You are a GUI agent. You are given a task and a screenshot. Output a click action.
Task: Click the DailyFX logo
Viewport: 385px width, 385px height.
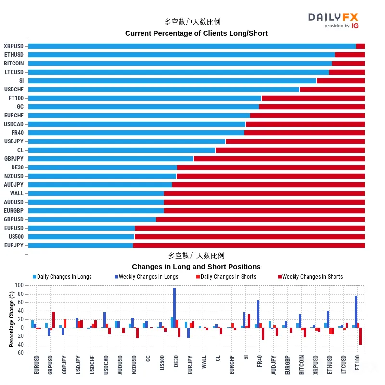coord(333,21)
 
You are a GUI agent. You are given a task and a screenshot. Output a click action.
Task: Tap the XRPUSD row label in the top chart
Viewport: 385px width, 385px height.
coord(14,46)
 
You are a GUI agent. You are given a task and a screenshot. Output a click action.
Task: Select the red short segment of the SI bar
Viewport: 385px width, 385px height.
coord(341,81)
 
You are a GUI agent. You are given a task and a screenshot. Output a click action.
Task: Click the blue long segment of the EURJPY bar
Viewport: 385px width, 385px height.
coord(80,245)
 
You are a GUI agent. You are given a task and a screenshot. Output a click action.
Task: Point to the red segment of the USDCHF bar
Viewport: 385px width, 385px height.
coord(332,90)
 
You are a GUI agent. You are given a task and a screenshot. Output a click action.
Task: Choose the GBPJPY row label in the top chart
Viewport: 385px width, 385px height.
coord(14,159)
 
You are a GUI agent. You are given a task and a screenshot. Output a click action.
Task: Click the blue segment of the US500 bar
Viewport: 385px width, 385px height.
coord(81,237)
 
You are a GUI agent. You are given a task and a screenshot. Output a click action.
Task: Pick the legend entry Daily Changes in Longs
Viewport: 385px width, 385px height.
coord(62,277)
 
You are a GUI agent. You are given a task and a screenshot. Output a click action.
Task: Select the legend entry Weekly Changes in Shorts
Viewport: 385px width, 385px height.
coord(310,277)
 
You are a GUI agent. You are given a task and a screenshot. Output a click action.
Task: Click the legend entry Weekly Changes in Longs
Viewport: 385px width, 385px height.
coord(146,277)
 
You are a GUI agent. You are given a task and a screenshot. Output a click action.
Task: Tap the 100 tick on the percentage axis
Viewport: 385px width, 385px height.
coord(19,285)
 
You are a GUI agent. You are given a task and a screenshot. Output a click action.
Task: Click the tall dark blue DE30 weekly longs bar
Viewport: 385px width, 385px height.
coord(175,308)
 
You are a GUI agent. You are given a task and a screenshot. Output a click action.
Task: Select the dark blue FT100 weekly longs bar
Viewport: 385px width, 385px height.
coord(356,312)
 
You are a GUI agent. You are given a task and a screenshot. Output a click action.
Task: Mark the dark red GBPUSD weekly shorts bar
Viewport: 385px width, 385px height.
coord(53,320)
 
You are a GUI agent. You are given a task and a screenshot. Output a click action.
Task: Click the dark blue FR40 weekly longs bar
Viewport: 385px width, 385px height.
coord(258,314)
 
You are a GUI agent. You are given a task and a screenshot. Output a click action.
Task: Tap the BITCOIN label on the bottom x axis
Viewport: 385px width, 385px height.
coord(302,365)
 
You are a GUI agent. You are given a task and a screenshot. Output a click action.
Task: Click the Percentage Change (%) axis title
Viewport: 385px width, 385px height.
coord(11,319)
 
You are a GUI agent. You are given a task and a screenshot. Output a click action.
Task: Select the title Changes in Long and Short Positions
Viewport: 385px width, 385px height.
coord(196,267)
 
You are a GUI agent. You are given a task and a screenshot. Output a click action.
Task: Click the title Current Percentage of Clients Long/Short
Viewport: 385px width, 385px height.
coord(196,33)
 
